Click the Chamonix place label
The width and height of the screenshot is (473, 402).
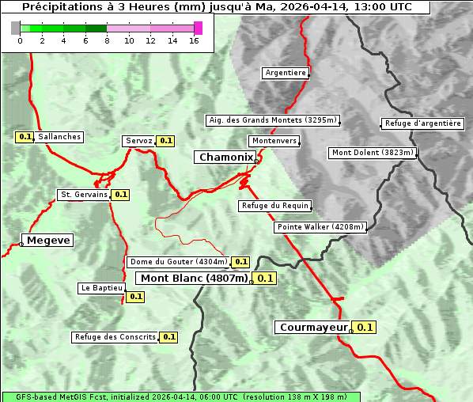225,157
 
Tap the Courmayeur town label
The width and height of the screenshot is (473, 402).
314,327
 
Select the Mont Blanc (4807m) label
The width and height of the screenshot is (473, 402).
194,278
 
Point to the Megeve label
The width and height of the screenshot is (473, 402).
48,240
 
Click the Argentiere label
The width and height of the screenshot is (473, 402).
286,73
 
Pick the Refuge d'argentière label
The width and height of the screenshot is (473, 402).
423,123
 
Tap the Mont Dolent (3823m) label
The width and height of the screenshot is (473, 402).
373,153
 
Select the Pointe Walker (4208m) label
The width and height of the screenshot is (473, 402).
320,227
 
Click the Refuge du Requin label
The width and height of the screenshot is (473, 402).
274,206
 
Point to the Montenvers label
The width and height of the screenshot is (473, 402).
274,141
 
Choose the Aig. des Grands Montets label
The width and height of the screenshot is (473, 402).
272,120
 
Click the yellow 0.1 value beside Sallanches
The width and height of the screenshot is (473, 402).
25,137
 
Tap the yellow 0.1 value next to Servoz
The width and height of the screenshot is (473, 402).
165,141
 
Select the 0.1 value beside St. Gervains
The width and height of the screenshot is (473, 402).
120,194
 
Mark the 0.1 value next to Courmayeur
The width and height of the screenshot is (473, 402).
365,327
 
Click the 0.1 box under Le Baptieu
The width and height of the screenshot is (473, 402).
135,297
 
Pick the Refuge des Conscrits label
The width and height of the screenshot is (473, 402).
115,337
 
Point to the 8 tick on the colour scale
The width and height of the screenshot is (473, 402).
107,40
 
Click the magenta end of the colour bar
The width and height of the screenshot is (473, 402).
198,28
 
